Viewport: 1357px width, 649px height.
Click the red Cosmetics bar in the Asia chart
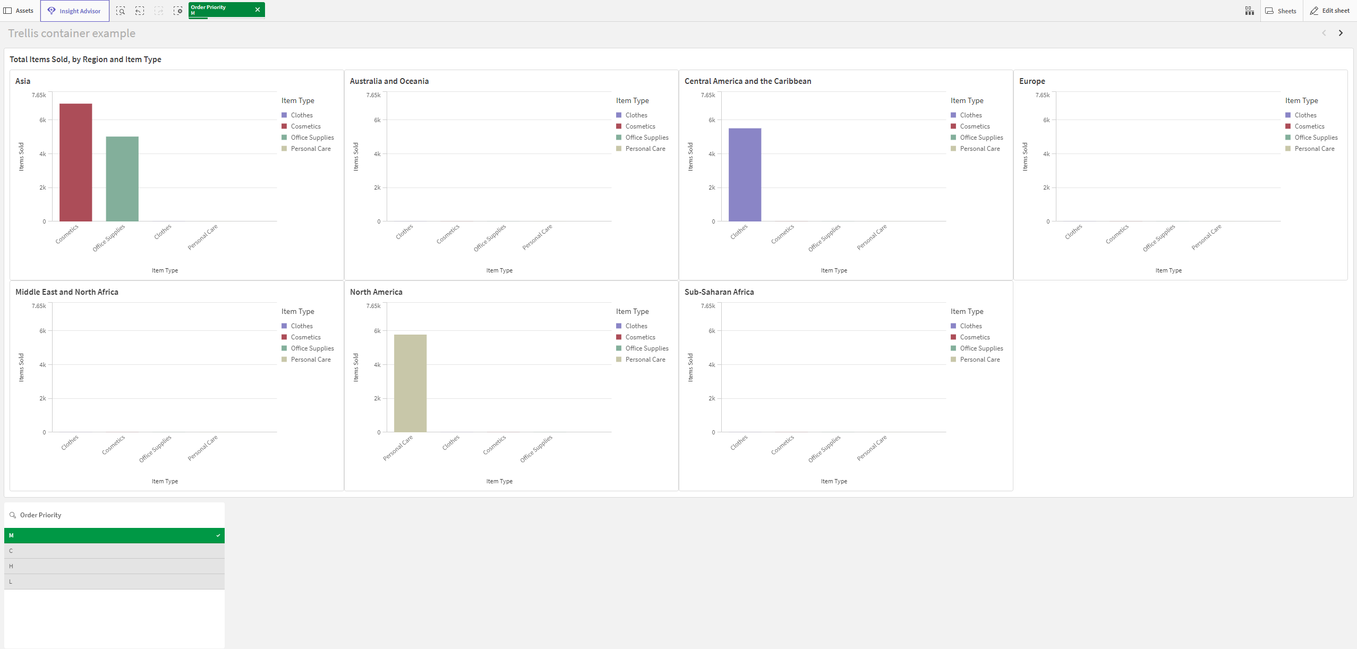click(x=75, y=163)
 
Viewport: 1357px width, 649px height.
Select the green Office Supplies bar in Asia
click(x=122, y=179)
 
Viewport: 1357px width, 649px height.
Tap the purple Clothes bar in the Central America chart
click(x=745, y=175)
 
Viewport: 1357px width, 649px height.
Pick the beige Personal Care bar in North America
click(x=410, y=383)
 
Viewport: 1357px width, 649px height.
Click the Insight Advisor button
click(x=75, y=11)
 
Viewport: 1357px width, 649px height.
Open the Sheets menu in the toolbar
click(x=1281, y=11)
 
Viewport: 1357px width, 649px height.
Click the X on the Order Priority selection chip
click(x=258, y=10)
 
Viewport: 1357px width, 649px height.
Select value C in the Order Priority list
click(x=114, y=551)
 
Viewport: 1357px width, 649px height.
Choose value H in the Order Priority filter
click(x=114, y=566)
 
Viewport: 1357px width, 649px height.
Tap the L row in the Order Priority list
click(x=114, y=582)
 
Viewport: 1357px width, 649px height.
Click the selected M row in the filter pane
click(x=114, y=535)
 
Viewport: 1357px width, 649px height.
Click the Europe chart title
click(x=1032, y=81)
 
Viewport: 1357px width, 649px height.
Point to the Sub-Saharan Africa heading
click(x=719, y=292)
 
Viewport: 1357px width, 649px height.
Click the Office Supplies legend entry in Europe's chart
click(x=1316, y=138)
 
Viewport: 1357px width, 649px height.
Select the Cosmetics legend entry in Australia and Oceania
click(x=640, y=126)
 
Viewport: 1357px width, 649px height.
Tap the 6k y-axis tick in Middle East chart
click(x=42, y=331)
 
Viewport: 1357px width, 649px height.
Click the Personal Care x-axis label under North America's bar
click(x=398, y=448)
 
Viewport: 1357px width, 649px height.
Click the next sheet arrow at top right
click(x=1341, y=33)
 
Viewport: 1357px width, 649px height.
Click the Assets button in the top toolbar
click(x=19, y=11)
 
